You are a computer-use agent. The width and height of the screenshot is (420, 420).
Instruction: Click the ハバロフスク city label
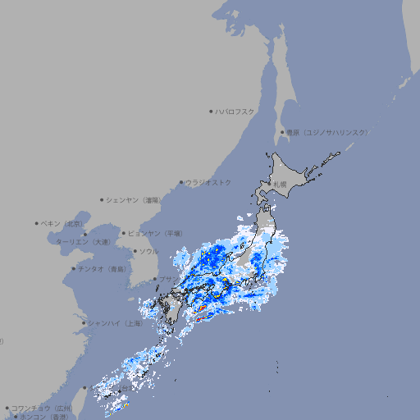[235, 111]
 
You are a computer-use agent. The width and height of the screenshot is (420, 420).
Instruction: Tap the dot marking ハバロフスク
[211, 111]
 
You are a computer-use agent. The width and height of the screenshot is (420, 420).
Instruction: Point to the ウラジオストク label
[208, 182]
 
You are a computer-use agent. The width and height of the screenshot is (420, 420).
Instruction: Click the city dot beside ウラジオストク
[181, 183]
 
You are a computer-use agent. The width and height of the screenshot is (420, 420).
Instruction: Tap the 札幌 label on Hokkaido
[280, 184]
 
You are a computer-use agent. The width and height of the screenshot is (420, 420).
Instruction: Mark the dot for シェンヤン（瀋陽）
[102, 199]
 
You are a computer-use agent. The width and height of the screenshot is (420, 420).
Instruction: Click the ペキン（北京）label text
[62, 223]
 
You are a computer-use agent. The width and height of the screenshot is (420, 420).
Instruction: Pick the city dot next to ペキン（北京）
[37, 223]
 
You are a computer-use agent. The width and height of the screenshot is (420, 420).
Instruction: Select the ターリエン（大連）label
[83, 242]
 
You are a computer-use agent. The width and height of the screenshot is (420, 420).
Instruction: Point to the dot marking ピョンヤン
[124, 233]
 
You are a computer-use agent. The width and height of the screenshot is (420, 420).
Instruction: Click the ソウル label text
[148, 251]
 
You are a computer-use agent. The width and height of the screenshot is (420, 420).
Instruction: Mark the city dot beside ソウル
[134, 251]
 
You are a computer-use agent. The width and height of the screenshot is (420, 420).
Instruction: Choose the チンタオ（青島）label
[102, 269]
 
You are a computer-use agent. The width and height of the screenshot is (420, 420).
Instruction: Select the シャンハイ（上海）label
[115, 323]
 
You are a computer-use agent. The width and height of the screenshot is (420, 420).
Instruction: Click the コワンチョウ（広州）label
[42, 408]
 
